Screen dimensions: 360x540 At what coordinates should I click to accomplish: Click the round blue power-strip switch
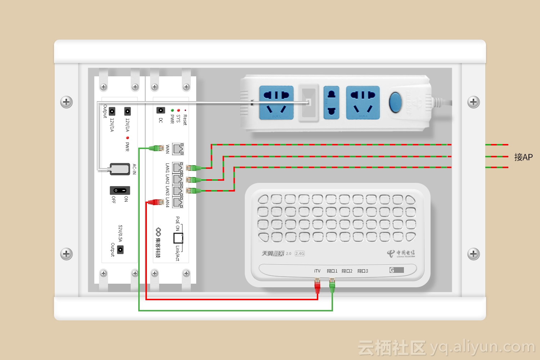(x=395, y=102)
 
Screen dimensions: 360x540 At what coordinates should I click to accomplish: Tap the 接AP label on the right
(x=523, y=157)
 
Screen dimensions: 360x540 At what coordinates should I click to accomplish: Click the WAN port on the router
(x=178, y=149)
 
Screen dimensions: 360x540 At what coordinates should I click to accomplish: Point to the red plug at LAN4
(x=156, y=202)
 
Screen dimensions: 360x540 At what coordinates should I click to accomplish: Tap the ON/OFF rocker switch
(x=120, y=190)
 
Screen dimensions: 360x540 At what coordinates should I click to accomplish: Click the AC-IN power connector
(x=120, y=169)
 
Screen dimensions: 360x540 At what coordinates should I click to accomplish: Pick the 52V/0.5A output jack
(x=120, y=249)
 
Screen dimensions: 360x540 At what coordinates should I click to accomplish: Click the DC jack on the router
(x=161, y=110)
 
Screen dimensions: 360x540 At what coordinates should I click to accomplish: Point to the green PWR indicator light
(x=172, y=110)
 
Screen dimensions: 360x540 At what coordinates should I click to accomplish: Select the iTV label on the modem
(x=317, y=271)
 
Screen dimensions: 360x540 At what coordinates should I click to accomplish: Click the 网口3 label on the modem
(x=363, y=271)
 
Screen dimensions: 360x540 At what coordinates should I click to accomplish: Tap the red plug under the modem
(x=317, y=286)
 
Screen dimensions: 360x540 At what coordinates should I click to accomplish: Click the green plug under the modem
(x=332, y=286)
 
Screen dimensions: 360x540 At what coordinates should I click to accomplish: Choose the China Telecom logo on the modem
(x=401, y=253)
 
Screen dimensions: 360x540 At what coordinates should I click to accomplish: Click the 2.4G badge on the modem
(x=300, y=253)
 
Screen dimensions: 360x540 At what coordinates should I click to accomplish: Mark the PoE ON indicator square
(x=178, y=238)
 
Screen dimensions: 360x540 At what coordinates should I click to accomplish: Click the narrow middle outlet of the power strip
(x=331, y=102)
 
